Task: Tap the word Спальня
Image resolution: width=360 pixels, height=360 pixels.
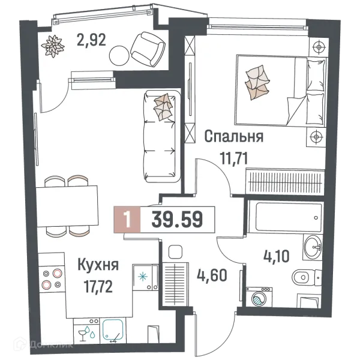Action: point(233,137)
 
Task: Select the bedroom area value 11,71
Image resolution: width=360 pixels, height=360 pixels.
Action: point(235,158)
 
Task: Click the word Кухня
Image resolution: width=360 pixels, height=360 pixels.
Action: point(98,264)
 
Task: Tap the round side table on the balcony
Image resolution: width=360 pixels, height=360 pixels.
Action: point(120,56)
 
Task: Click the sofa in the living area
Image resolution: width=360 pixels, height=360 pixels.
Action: point(161,136)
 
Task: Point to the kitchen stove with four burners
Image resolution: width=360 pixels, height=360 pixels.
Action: point(50,280)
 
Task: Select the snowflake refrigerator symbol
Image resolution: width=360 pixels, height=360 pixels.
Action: point(143,277)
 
